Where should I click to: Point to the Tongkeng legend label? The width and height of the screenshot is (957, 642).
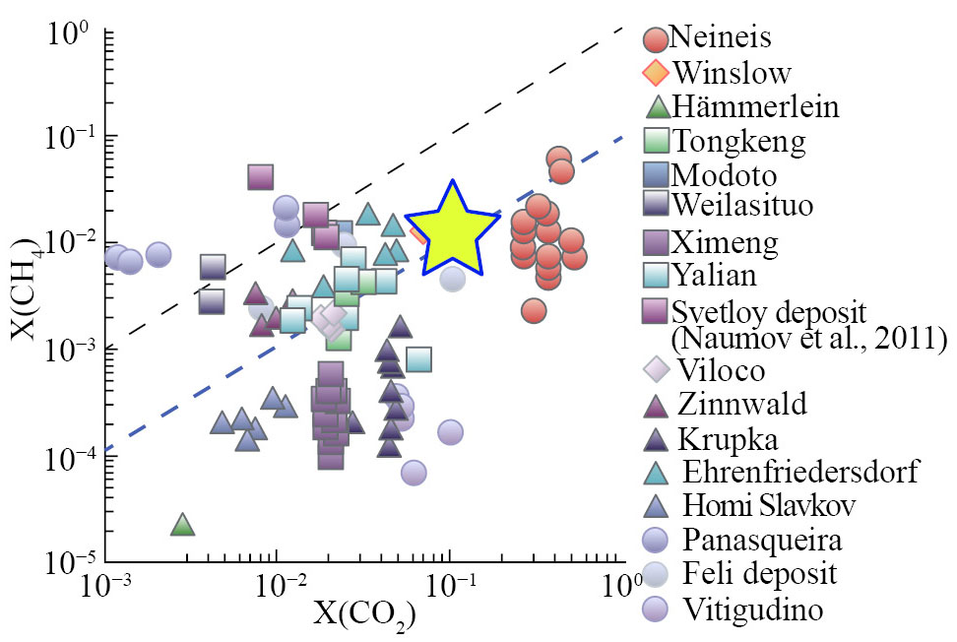click(x=737, y=141)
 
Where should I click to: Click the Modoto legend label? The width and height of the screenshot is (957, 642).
click(x=724, y=175)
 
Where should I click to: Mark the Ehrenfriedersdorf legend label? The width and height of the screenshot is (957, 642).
click(x=798, y=471)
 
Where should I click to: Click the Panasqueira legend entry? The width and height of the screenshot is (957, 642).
click(x=752, y=541)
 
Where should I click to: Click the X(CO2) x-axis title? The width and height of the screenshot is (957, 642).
click(x=363, y=616)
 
